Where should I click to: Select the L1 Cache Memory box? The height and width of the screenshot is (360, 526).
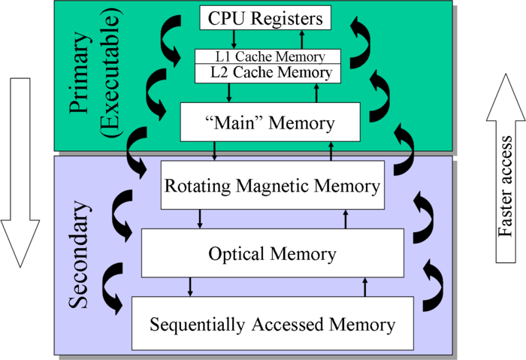pos(268,57)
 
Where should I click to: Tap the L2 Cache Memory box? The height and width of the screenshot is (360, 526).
pos(268,73)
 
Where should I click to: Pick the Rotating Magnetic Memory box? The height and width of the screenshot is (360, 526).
pos(272,185)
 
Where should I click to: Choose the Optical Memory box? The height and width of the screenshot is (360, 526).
pos(272,253)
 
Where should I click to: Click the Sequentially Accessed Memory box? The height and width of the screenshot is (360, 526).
pos(272,325)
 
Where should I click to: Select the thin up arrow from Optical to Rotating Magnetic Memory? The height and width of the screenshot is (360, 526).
pos(346,219)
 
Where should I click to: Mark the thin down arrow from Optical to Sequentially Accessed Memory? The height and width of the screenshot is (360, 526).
pos(190,286)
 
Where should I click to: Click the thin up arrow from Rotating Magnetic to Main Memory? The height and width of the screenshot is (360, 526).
pos(331,151)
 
